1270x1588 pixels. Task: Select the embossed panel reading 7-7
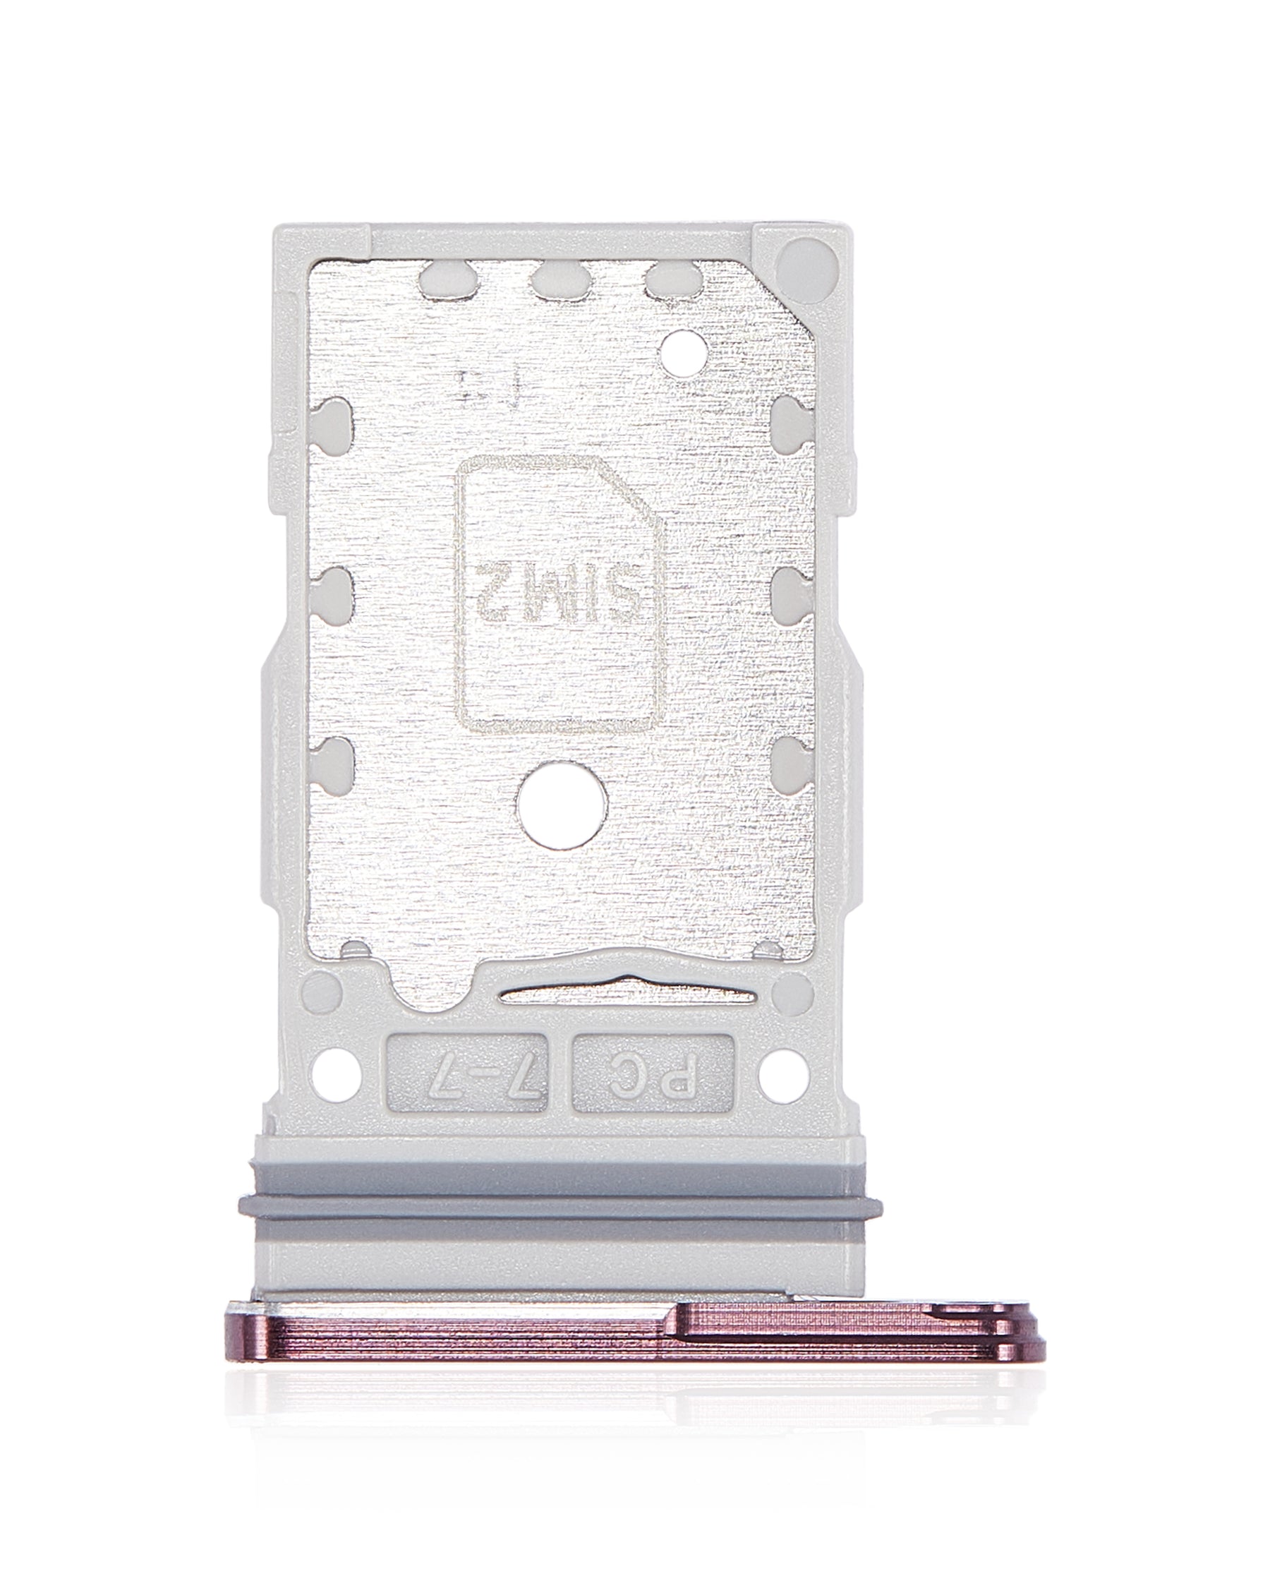click(x=476, y=1081)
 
